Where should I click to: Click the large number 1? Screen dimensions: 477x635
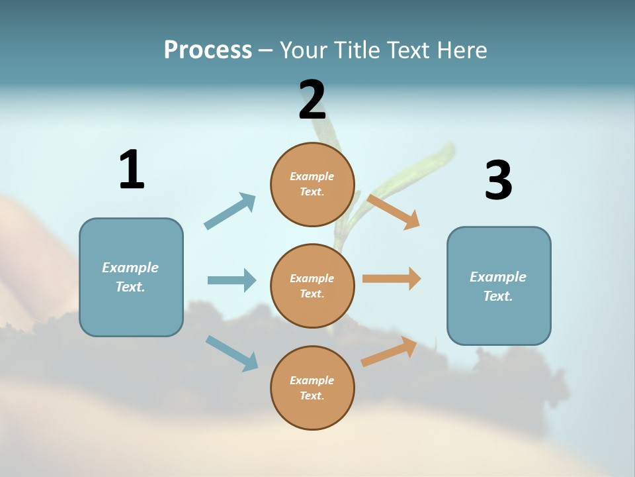click(x=132, y=170)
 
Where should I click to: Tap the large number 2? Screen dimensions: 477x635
click(x=312, y=100)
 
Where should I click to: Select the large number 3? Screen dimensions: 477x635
click(x=498, y=180)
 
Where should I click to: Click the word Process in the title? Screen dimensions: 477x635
click(x=208, y=50)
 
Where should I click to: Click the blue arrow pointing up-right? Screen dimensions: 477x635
click(x=230, y=211)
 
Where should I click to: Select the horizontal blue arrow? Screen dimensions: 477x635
click(x=232, y=280)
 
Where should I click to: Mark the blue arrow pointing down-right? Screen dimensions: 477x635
click(x=232, y=353)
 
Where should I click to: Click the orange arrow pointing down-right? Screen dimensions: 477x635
click(x=394, y=211)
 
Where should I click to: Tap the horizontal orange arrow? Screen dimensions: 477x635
click(x=392, y=279)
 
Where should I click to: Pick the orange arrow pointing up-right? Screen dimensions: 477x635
click(x=389, y=352)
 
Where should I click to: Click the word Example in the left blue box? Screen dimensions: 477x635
click(x=130, y=268)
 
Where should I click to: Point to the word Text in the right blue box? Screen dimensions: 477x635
click(x=497, y=296)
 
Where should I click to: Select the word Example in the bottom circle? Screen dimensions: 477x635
click(x=312, y=380)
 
